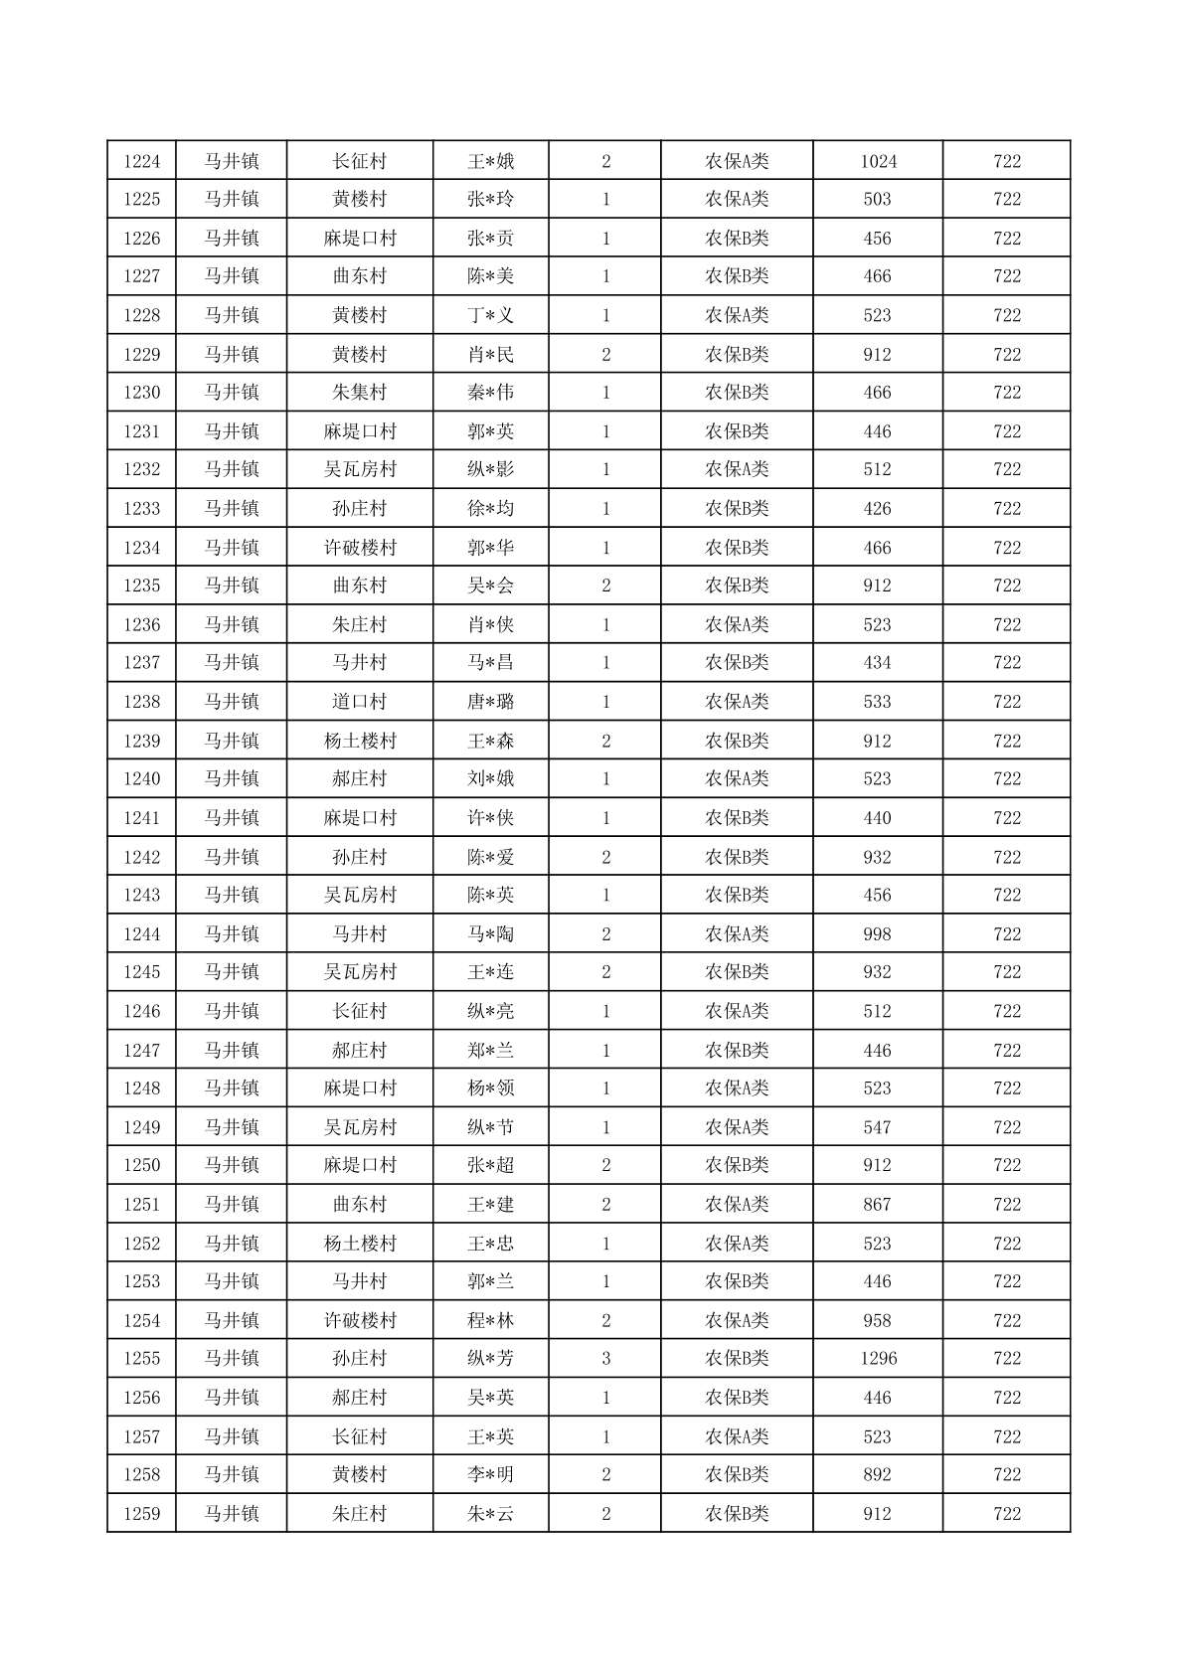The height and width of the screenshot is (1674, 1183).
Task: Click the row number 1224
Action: coord(141,161)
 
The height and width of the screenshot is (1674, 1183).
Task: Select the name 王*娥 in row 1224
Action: coord(491,161)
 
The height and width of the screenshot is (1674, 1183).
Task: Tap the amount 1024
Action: coord(878,161)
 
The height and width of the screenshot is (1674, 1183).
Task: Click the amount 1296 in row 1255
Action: coord(878,1359)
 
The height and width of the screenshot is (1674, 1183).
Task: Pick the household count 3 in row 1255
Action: coord(605,1359)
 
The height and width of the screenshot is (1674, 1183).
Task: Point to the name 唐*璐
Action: coord(491,702)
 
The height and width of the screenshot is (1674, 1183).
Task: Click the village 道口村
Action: coord(359,702)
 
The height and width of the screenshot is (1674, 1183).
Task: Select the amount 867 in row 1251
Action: coord(877,1205)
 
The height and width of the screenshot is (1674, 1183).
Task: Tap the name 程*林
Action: coord(491,1321)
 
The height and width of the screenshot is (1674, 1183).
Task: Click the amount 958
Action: coord(877,1321)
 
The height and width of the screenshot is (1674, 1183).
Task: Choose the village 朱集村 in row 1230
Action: coord(359,393)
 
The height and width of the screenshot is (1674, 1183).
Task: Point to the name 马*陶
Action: coord(491,934)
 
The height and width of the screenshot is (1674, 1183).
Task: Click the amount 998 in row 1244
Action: coord(877,934)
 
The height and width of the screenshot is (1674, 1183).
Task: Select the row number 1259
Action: coord(141,1514)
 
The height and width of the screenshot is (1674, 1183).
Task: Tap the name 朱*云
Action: coord(491,1514)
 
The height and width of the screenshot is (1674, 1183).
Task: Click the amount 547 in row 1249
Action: coord(877,1127)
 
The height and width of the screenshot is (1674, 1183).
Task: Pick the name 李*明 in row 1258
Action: coord(491,1475)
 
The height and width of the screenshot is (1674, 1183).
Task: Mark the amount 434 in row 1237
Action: coord(877,663)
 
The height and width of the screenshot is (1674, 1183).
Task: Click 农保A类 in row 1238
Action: coord(737,702)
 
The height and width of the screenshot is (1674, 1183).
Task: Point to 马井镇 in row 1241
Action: coord(232,818)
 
